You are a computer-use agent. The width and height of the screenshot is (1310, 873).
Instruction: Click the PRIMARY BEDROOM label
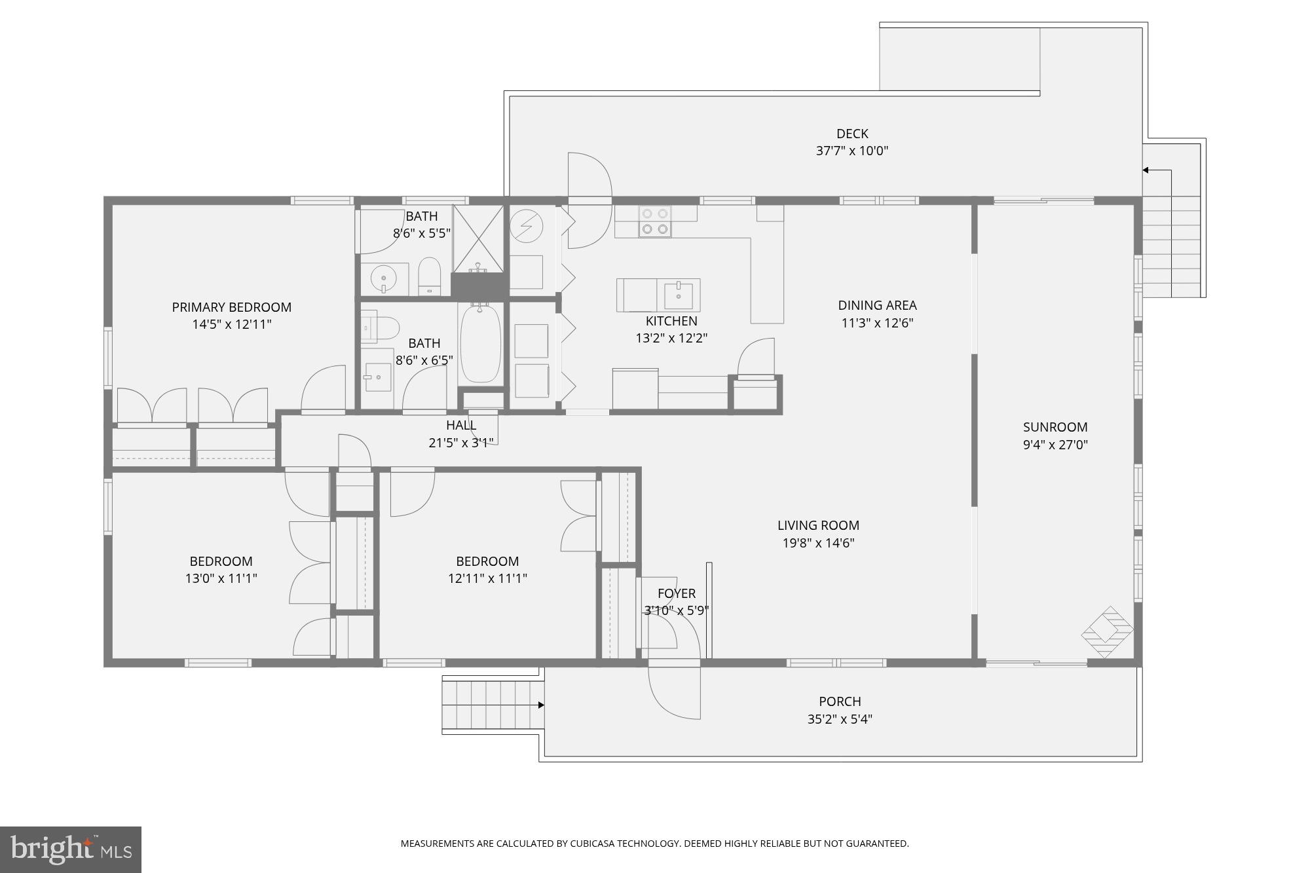click(x=231, y=307)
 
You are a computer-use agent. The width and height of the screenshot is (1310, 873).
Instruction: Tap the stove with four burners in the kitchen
click(x=655, y=221)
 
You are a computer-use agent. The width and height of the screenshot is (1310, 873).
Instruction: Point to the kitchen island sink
click(x=679, y=295)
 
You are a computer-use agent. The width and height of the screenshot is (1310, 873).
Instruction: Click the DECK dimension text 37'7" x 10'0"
click(x=851, y=151)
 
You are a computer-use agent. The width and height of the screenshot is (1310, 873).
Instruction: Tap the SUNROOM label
click(x=1055, y=427)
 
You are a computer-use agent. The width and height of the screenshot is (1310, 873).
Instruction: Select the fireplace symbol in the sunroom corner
click(x=1107, y=632)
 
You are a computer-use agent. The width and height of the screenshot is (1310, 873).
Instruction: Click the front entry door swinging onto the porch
click(x=675, y=691)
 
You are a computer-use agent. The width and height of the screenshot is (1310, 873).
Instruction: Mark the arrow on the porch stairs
click(x=540, y=705)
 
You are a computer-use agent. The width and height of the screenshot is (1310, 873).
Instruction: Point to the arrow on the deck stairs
click(x=1146, y=170)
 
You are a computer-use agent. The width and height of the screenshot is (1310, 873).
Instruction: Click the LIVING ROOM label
click(x=818, y=525)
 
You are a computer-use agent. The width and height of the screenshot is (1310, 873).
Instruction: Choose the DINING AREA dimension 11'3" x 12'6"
click(x=877, y=322)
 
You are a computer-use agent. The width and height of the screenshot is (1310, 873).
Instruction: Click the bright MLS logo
click(x=71, y=849)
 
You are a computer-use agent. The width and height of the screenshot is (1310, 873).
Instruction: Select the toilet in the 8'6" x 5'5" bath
click(x=429, y=275)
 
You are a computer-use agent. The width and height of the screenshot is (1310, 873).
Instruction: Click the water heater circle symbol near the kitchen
click(x=526, y=226)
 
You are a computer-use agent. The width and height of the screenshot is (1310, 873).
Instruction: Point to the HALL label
click(x=461, y=425)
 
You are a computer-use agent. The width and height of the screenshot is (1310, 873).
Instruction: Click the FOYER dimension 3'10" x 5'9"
click(x=676, y=610)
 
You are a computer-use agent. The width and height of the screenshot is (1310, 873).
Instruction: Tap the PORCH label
click(x=840, y=701)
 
